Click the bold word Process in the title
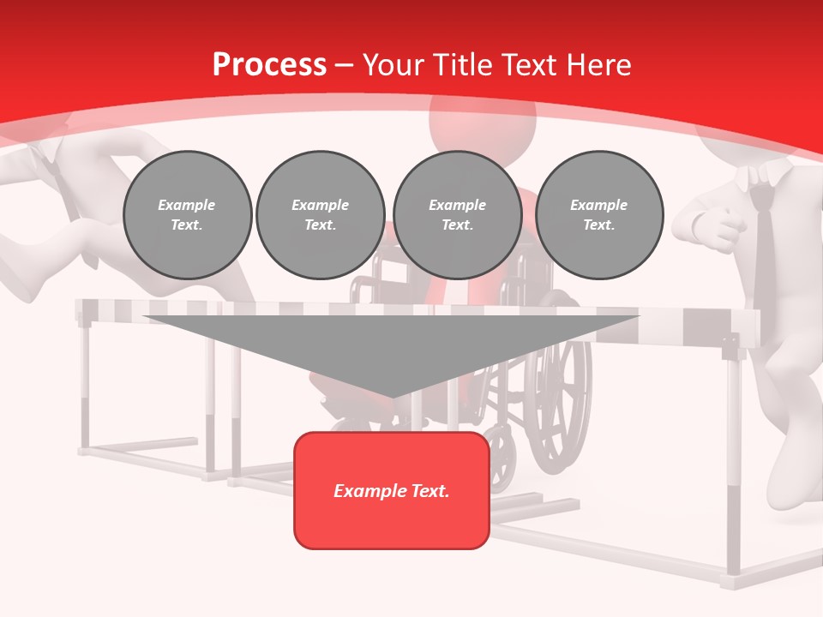coord(269,64)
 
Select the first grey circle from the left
coord(187,214)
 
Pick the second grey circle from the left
coord(320,214)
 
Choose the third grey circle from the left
coord(457,214)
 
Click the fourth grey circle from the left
coord(598,214)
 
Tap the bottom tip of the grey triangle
coord(392,395)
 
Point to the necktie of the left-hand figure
coord(60,180)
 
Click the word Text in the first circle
coord(186,225)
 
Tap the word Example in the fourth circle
coord(598,205)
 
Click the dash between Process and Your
coord(345,64)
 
